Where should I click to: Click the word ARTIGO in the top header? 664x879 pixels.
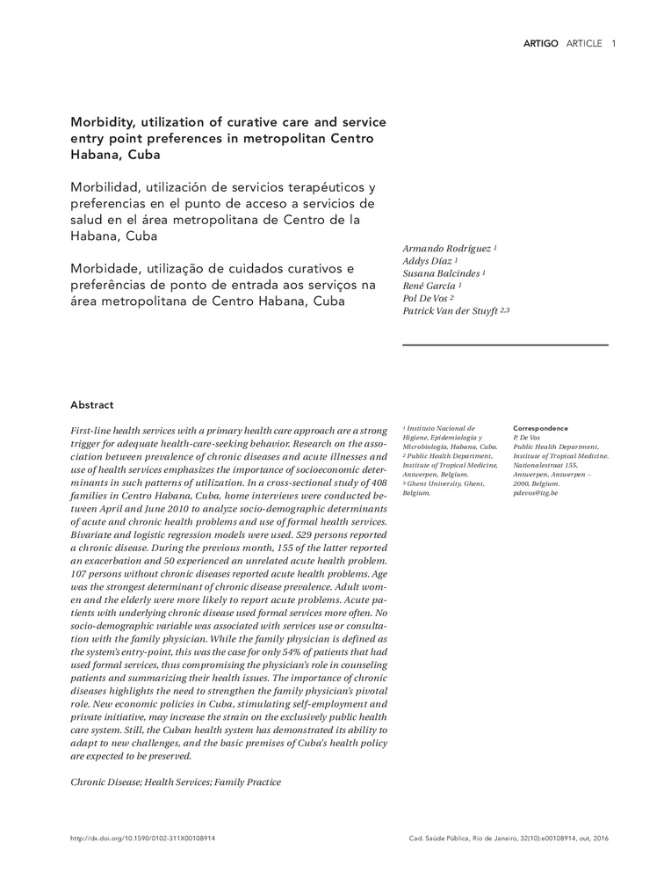pyautogui.click(x=540, y=43)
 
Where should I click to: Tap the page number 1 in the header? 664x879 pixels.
pyautogui.click(x=613, y=43)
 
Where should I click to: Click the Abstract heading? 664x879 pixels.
pyautogui.click(x=92, y=405)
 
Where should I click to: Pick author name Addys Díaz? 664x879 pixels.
pyautogui.click(x=428, y=262)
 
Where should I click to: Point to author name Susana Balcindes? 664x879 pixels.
pyautogui.click(x=441, y=274)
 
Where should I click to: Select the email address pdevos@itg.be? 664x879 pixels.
pyautogui.click(x=535, y=493)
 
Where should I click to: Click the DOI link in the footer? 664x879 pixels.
pyautogui.click(x=142, y=839)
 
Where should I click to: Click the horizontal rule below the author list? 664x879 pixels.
pyautogui.click(x=505, y=345)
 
